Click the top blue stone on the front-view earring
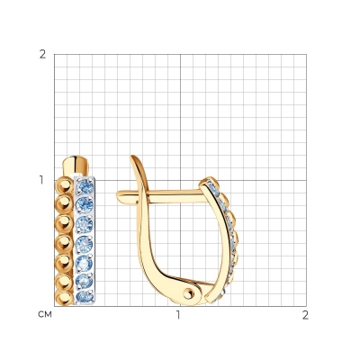(x=85, y=187)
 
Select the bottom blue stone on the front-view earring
(x=85, y=297)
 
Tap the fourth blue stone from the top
(x=85, y=244)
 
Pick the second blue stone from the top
(x=85, y=205)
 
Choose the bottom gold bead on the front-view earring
(x=64, y=298)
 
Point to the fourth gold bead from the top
(x=64, y=243)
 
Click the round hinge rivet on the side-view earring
(x=188, y=292)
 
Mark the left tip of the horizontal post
(x=117, y=194)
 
